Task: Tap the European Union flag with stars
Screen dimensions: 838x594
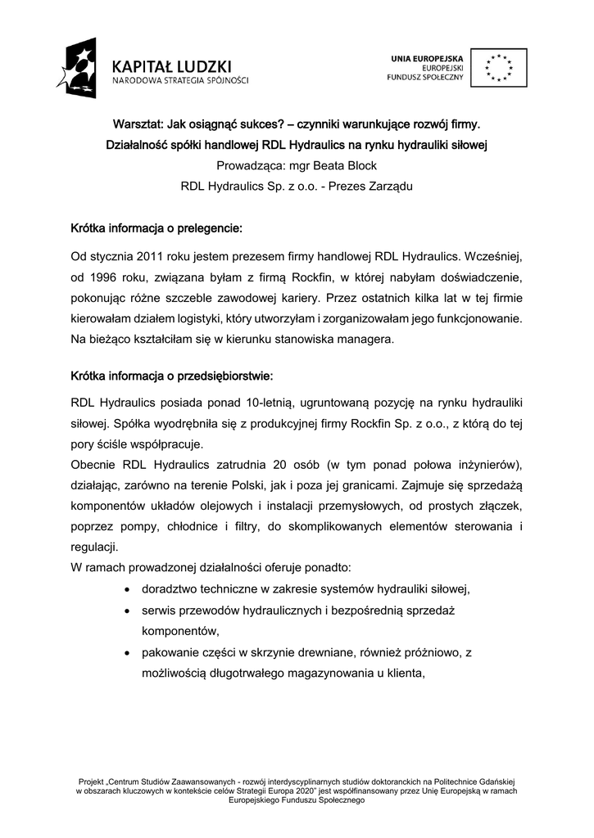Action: coord(498,68)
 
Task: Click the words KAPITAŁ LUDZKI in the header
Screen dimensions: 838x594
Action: coord(173,65)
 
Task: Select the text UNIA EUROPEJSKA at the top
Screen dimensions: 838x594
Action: coord(427,58)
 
